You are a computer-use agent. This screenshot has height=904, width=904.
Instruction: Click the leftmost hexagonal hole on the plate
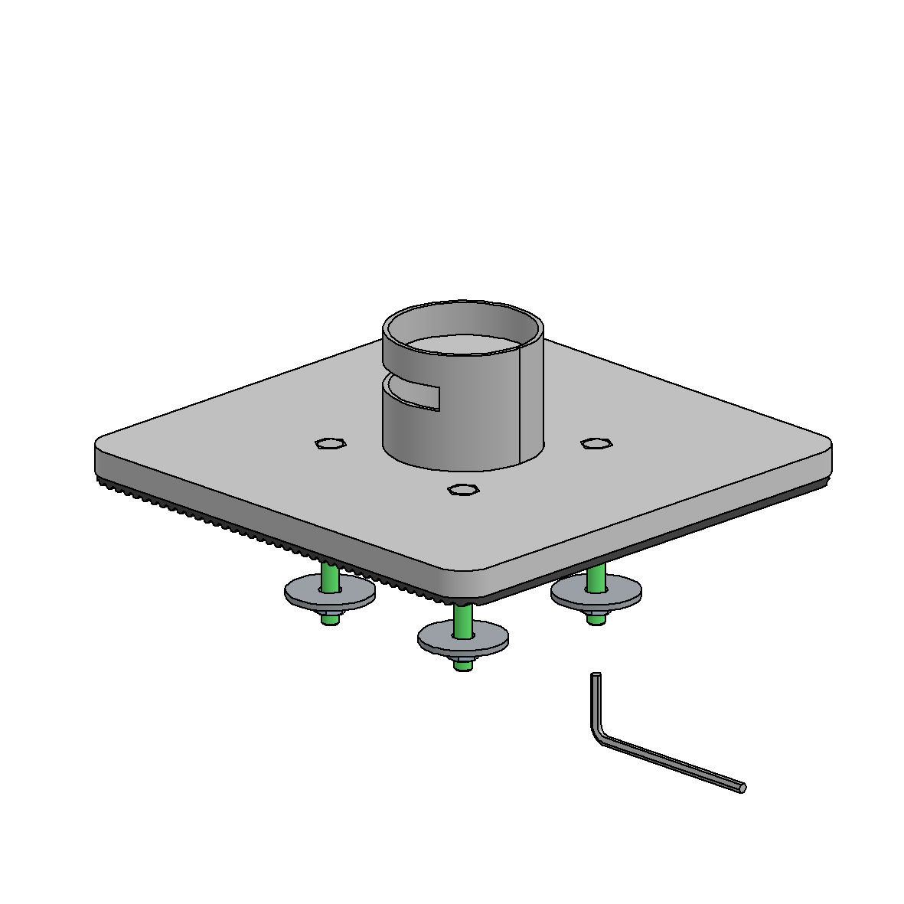pyautogui.click(x=330, y=443)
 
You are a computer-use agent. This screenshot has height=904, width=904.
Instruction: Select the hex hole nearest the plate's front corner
pyautogui.click(x=462, y=490)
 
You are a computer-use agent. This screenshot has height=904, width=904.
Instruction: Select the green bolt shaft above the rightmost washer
pyautogui.click(x=596, y=577)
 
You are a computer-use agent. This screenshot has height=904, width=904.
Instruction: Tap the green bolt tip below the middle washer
pyautogui.click(x=462, y=666)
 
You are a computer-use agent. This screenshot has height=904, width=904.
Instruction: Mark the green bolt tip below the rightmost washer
pyautogui.click(x=596, y=621)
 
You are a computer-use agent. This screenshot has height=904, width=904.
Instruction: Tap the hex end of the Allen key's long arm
pyautogui.click(x=742, y=788)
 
